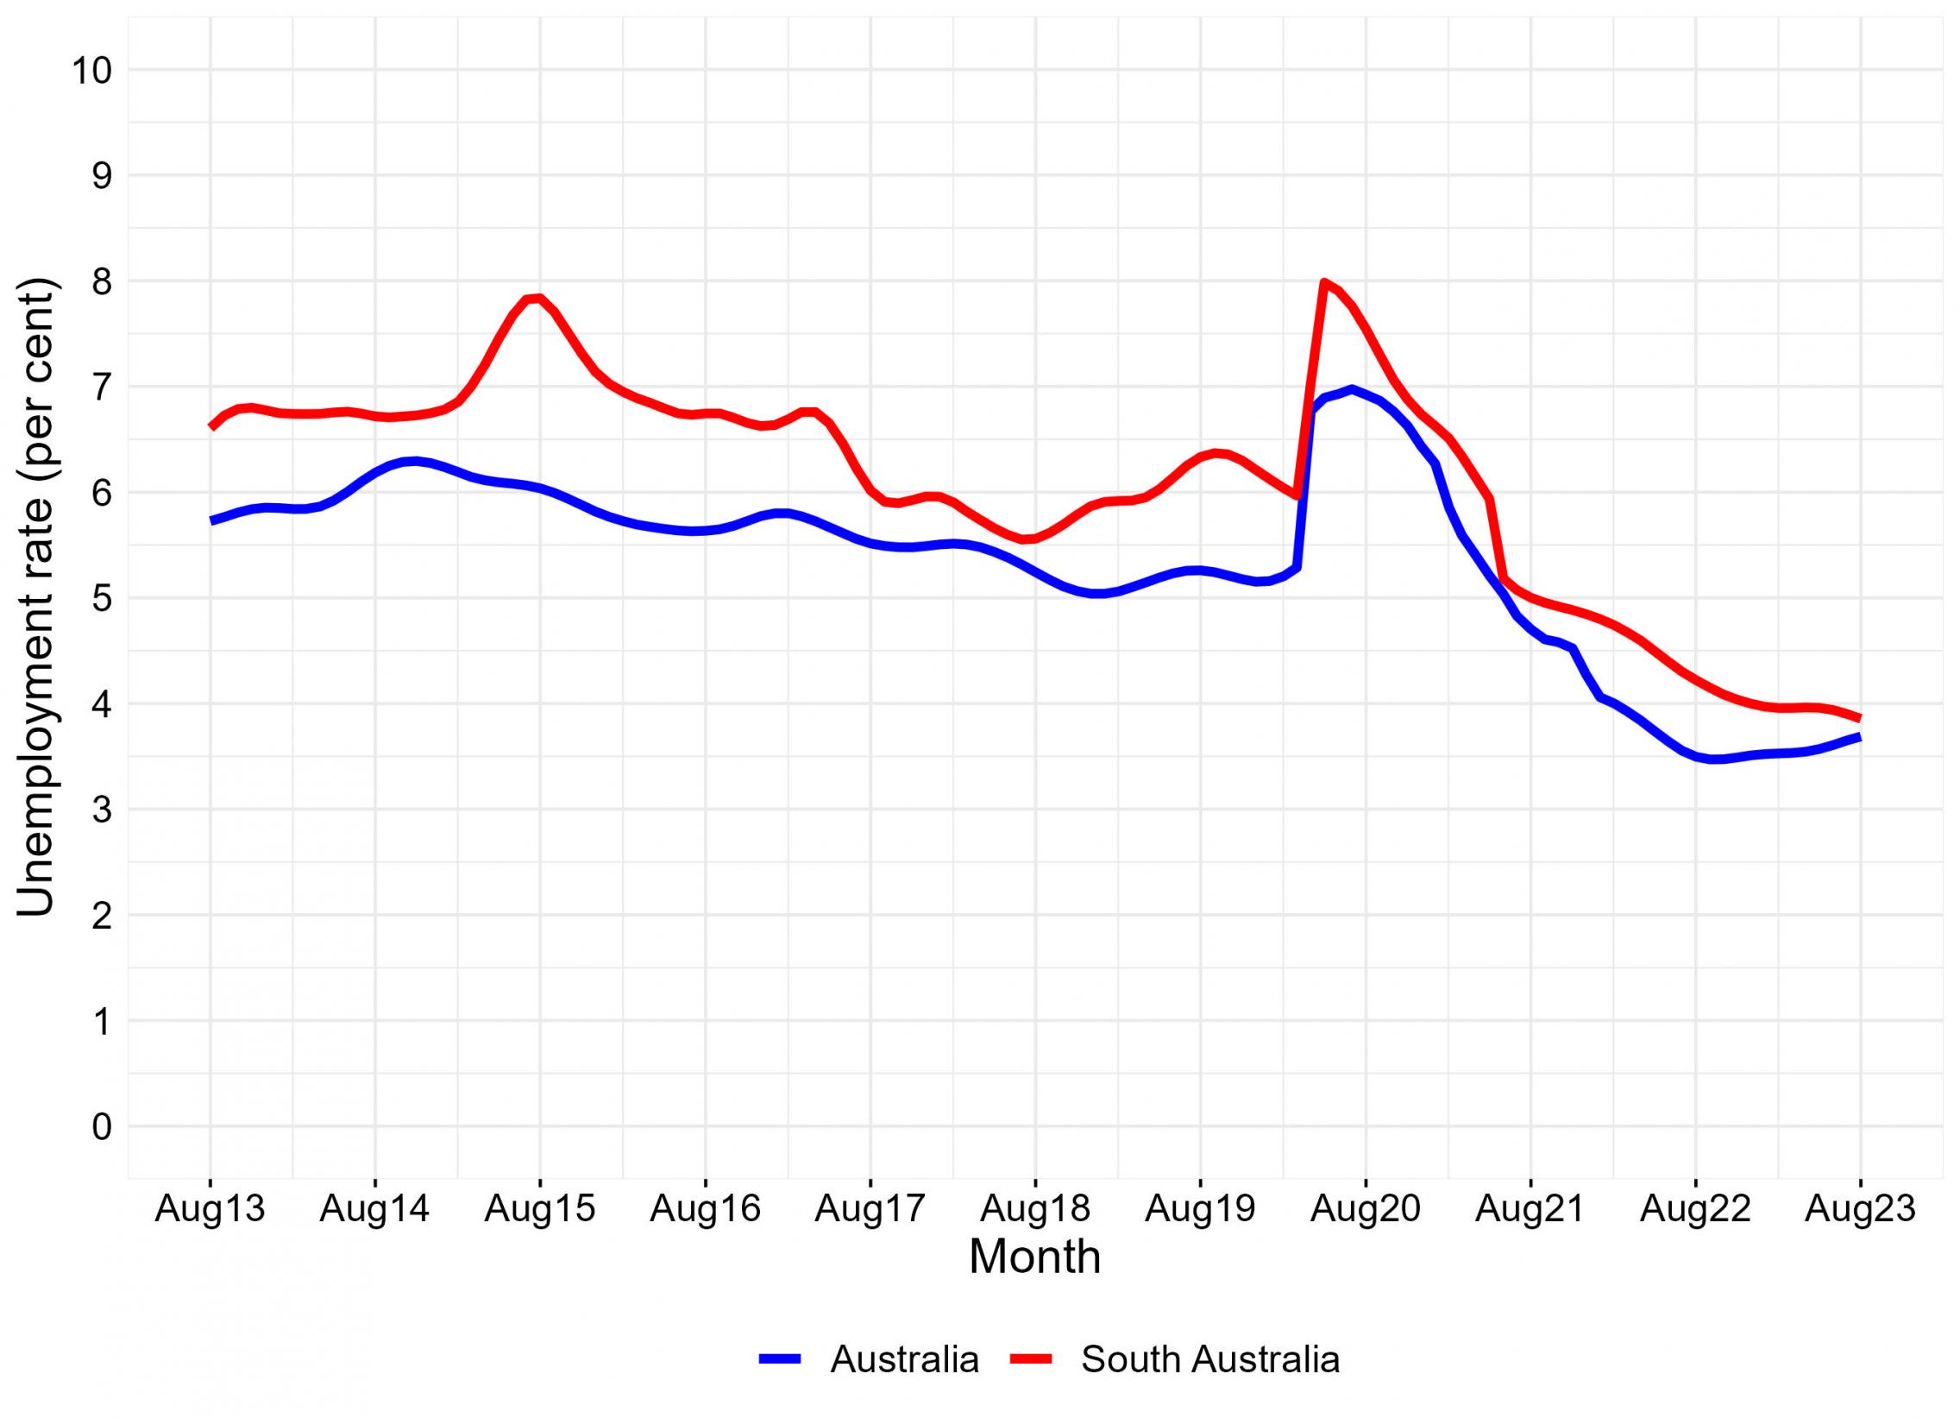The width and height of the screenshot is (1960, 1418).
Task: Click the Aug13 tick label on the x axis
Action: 209,1209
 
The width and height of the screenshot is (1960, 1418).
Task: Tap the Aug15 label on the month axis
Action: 540,1209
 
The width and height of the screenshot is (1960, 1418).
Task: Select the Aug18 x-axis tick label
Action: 1034,1209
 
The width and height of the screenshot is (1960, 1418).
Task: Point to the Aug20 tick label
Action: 1366,1209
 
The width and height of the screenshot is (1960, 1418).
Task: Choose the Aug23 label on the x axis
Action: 1861,1209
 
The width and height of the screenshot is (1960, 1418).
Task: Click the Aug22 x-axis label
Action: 1695,1209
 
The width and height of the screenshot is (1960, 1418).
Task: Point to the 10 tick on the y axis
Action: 91,70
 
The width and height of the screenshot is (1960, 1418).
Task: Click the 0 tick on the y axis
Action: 102,1127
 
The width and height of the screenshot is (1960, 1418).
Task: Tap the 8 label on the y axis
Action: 102,282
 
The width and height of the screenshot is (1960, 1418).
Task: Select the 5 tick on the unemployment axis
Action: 102,598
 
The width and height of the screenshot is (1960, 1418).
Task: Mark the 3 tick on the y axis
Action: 102,810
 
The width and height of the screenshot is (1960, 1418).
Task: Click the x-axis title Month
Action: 1034,1257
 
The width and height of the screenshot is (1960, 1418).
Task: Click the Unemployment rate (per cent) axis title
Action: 36,598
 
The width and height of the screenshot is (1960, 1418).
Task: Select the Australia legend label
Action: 904,1359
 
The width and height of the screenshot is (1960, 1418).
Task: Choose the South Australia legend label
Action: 1209,1359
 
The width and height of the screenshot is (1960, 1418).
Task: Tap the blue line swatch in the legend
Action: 782,1359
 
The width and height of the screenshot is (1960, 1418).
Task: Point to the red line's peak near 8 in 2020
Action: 1323,282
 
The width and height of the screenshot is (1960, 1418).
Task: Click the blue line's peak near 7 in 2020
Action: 1351,389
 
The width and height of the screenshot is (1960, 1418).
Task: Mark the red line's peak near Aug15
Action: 537,298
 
